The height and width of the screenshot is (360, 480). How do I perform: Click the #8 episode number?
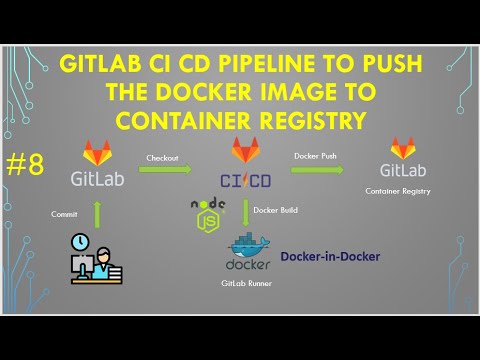pos(24,166)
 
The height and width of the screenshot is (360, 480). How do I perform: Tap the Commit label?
pos(65,214)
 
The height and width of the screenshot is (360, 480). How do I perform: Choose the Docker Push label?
pos(314,157)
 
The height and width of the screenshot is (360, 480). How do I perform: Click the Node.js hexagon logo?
pos(206,213)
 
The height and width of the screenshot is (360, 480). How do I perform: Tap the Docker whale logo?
pos(248,245)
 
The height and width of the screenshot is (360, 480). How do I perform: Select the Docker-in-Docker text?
pos(329,257)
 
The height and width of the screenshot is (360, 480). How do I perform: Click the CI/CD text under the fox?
pos(246,179)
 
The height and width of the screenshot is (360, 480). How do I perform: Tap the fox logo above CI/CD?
pos(246,151)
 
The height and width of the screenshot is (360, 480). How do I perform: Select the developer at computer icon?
pos(97,264)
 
